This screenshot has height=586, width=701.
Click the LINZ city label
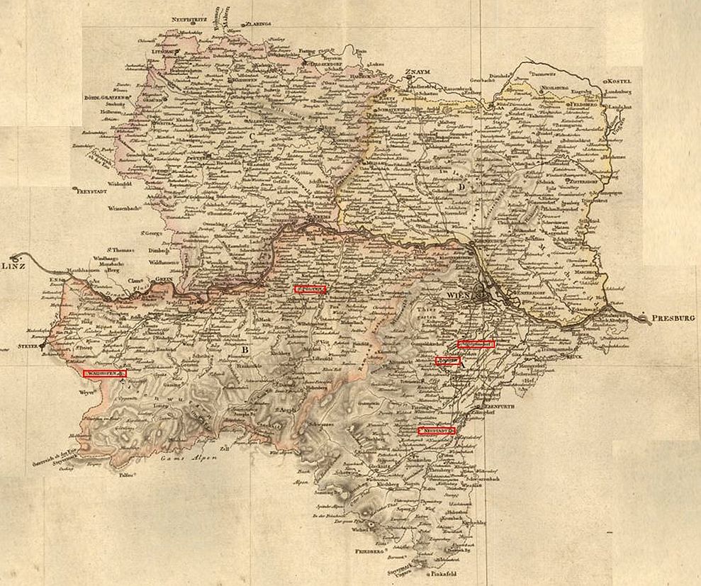pos(13,266)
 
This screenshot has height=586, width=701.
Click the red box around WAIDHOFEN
pos(105,373)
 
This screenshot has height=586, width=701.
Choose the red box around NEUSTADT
pos(436,430)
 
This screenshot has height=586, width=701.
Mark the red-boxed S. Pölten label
pos(310,289)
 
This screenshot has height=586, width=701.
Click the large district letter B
pos(245,349)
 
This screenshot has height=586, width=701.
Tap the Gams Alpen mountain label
pos(185,460)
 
